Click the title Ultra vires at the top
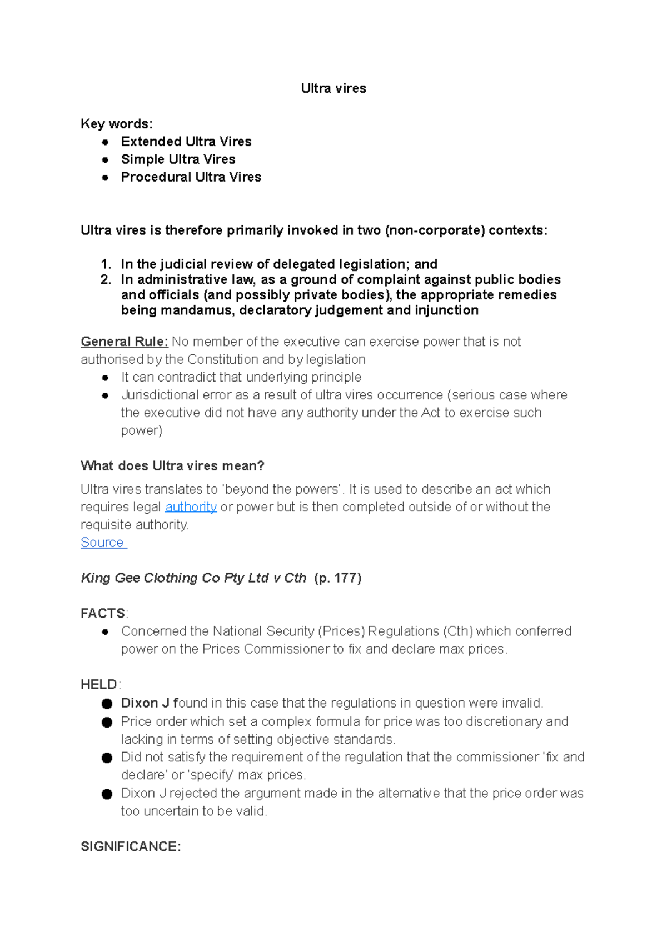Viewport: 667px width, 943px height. tap(333, 88)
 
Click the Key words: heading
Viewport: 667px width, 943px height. tap(116, 123)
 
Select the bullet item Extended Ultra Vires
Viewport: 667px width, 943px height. tap(186, 142)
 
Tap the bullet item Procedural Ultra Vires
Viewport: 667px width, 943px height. tap(191, 177)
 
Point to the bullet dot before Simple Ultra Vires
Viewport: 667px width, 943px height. tap(105, 160)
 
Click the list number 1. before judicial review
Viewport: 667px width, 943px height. tap(106, 264)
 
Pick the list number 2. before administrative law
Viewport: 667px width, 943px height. tap(106, 279)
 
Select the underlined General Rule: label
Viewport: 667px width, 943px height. tap(124, 342)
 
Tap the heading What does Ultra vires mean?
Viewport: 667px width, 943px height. tap(172, 465)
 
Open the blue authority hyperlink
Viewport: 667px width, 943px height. tap(191, 507)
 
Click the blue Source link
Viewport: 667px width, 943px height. tap(103, 543)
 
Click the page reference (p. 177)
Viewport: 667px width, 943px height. tap(337, 578)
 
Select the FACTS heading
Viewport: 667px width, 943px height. tap(103, 614)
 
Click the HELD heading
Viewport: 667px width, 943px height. tap(99, 684)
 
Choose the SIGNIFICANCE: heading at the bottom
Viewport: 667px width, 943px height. tap(131, 846)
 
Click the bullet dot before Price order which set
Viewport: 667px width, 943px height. tap(107, 723)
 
